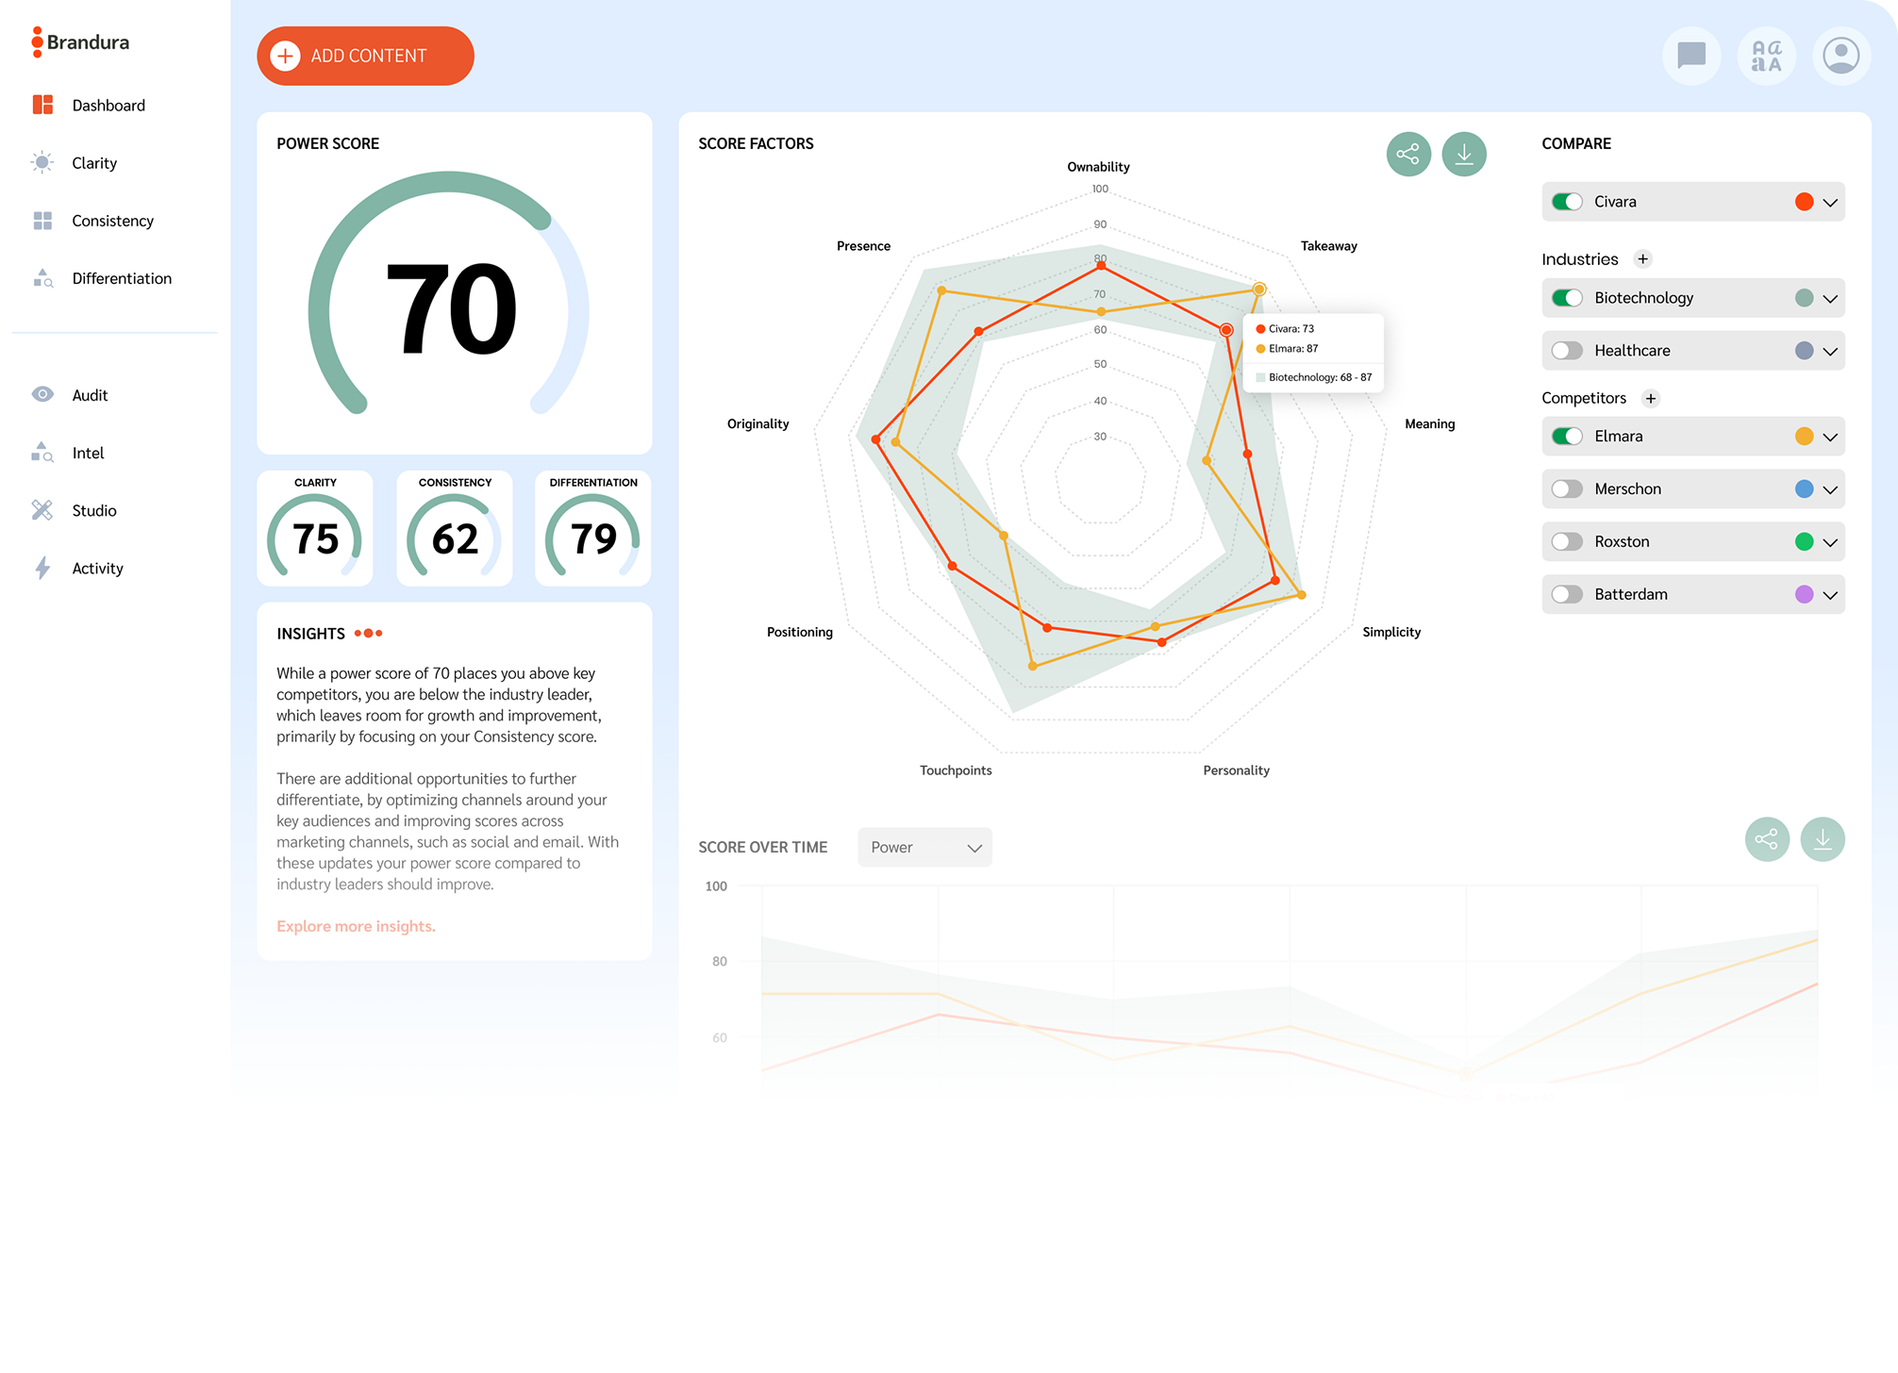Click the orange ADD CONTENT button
365,56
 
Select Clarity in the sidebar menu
94,163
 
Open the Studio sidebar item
93,510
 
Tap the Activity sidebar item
97,568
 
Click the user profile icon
1840,56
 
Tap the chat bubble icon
1691,56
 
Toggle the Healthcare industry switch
1568,351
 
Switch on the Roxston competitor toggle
1568,541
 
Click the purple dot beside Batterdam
1804,594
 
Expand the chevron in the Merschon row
1830,489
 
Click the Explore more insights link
356,926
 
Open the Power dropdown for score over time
924,847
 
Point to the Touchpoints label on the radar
956,770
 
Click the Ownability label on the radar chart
1098,167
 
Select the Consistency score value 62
455,538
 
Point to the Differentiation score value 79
593,538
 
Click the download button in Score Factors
1464,154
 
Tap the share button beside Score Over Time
1767,838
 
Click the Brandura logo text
88,42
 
